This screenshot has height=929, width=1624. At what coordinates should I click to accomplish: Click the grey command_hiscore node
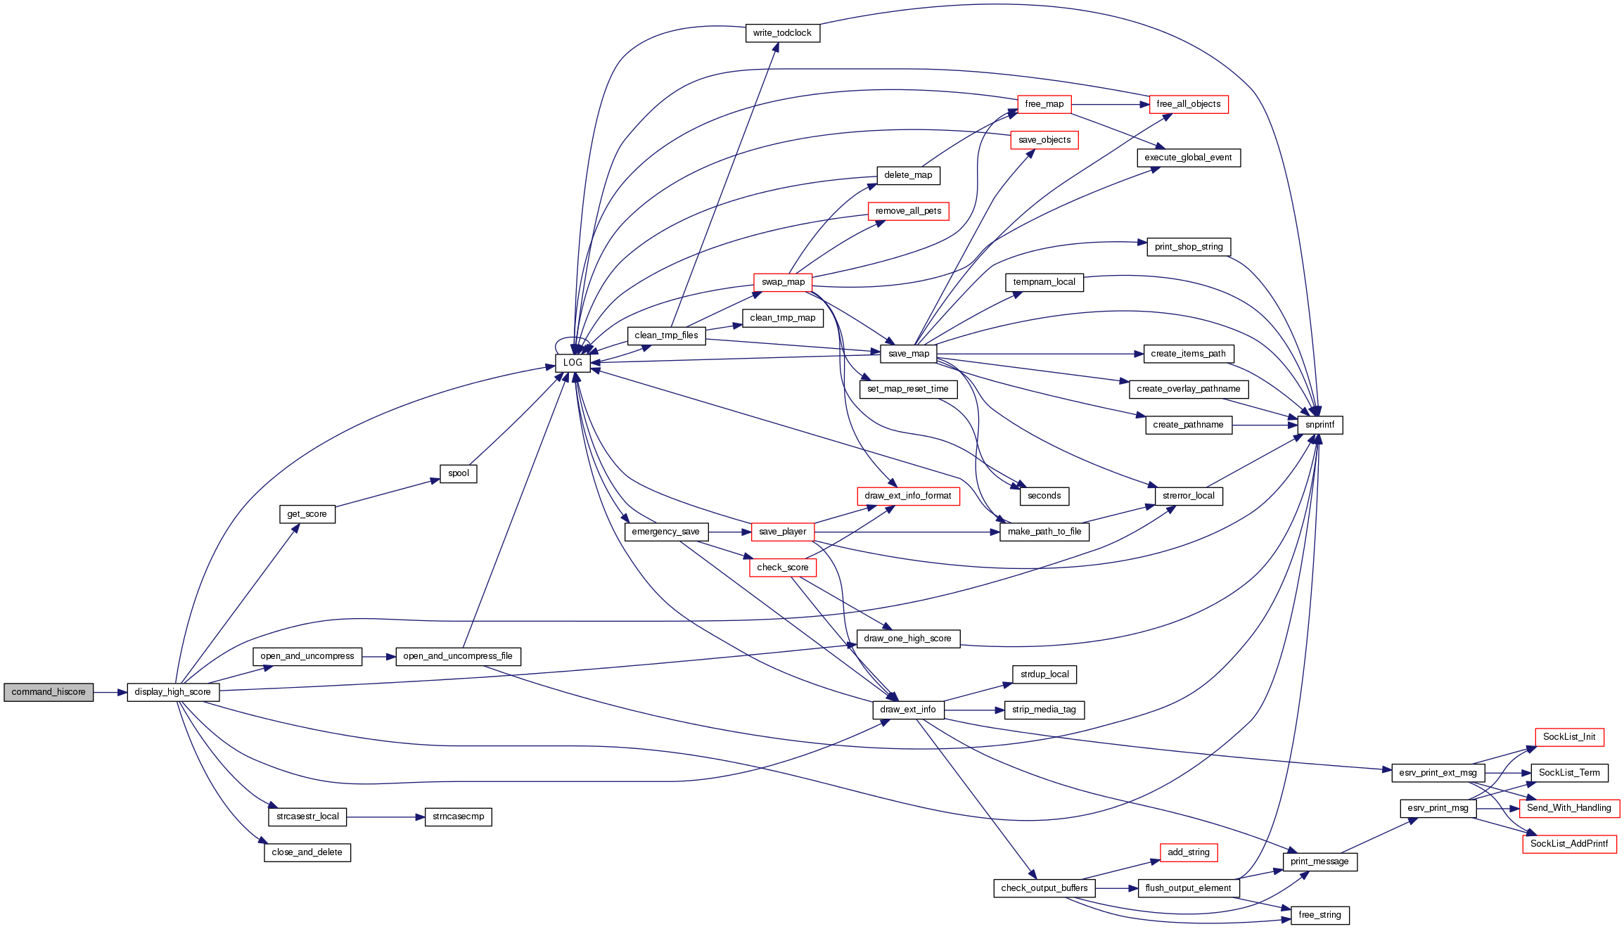click(49, 692)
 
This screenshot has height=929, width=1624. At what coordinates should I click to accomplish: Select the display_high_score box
click(173, 692)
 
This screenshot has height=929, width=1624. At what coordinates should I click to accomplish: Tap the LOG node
click(573, 363)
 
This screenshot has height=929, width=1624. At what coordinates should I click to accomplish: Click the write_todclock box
click(782, 33)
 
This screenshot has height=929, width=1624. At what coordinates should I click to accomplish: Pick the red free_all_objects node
click(1188, 104)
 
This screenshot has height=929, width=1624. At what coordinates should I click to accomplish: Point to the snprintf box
click(1319, 425)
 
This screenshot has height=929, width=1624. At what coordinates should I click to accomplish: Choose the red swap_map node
click(783, 282)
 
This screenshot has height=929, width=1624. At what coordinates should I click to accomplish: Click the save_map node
click(909, 354)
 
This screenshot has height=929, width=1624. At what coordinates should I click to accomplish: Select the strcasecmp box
click(458, 816)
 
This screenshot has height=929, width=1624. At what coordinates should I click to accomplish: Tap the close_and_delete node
click(307, 852)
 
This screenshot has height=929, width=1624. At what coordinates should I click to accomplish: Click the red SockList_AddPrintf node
click(1569, 844)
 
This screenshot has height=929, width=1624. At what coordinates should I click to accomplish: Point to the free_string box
click(1319, 915)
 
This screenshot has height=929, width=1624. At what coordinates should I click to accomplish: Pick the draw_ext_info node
click(908, 710)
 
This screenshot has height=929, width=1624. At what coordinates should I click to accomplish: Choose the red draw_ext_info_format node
click(908, 496)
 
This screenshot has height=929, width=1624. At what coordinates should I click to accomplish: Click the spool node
click(458, 473)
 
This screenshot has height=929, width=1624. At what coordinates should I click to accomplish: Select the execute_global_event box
click(1188, 158)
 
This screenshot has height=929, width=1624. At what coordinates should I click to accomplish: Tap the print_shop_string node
click(1188, 247)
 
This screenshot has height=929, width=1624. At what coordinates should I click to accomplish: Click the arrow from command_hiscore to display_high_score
click(110, 693)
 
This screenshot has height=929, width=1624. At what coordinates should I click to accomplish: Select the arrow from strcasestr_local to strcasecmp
click(385, 817)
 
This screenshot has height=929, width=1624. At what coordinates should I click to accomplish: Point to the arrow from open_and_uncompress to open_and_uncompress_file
click(378, 657)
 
